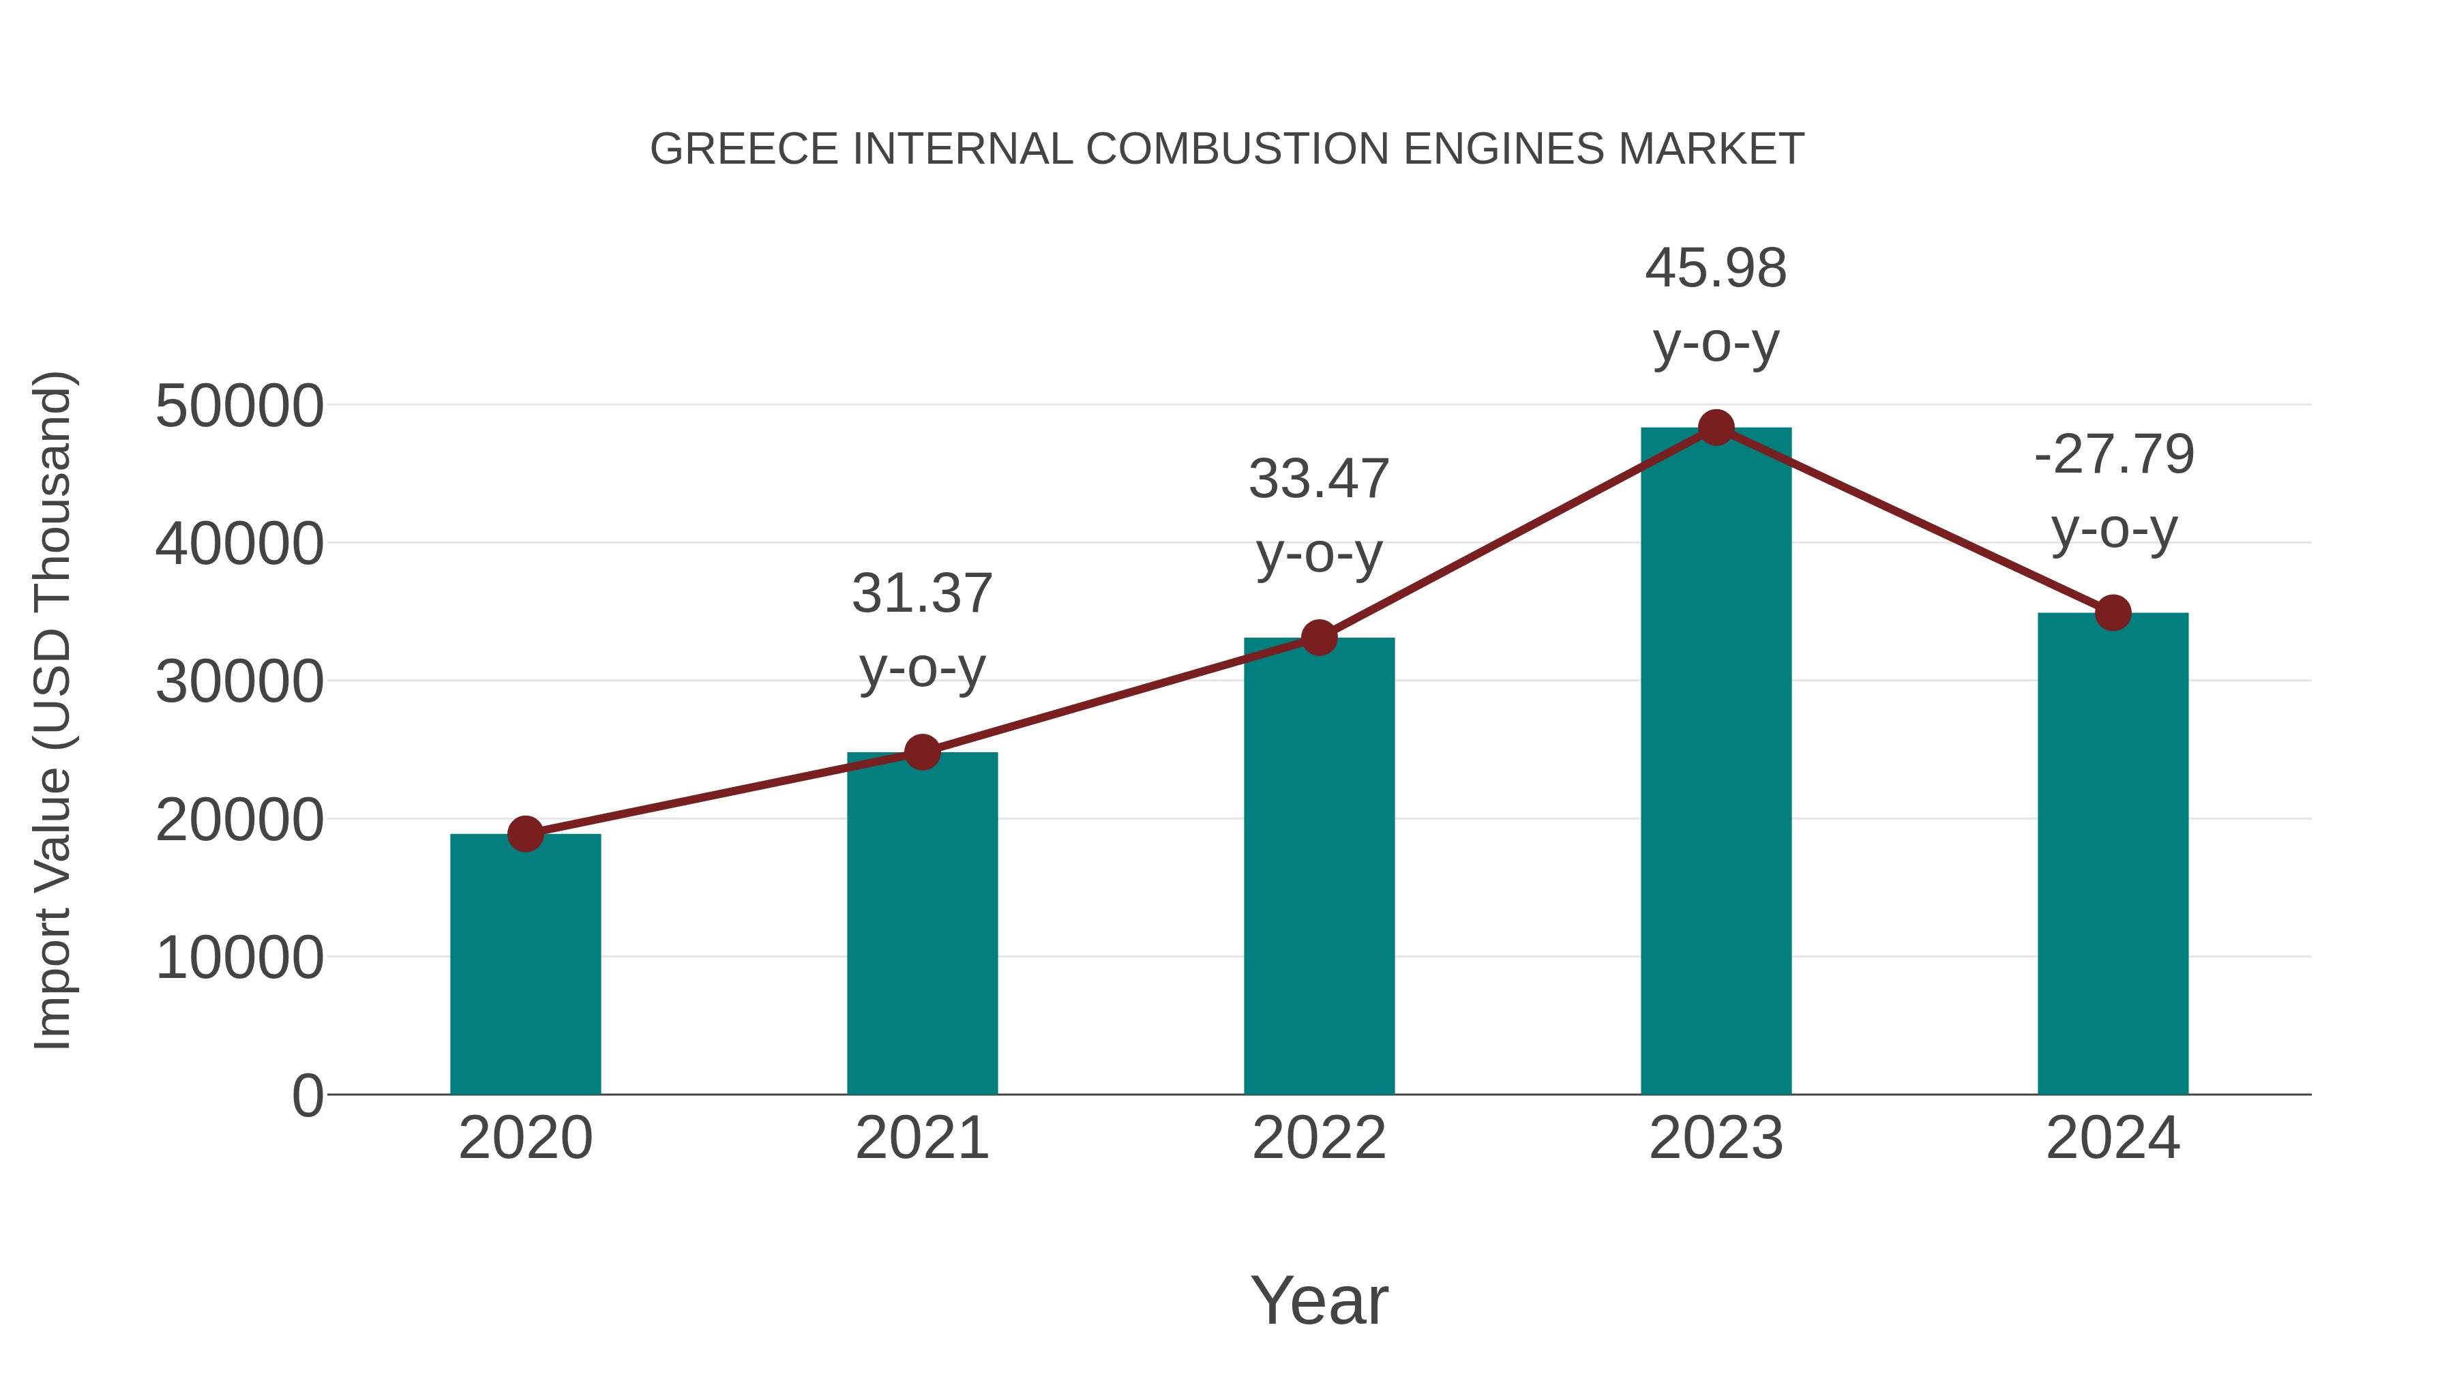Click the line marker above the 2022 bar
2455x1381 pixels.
1319,638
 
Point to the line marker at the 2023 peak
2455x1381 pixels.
1716,428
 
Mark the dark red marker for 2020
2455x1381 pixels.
525,834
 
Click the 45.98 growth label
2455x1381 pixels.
1716,269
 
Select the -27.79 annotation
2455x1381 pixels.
2114,455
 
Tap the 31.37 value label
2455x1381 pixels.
921,594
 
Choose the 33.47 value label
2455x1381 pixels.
1319,479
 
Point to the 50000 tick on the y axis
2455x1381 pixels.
239,407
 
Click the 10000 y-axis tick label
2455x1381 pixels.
239,958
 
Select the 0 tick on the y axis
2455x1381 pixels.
307,1096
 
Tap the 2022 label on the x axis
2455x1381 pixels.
1319,1138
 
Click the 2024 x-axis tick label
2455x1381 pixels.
2112,1138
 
